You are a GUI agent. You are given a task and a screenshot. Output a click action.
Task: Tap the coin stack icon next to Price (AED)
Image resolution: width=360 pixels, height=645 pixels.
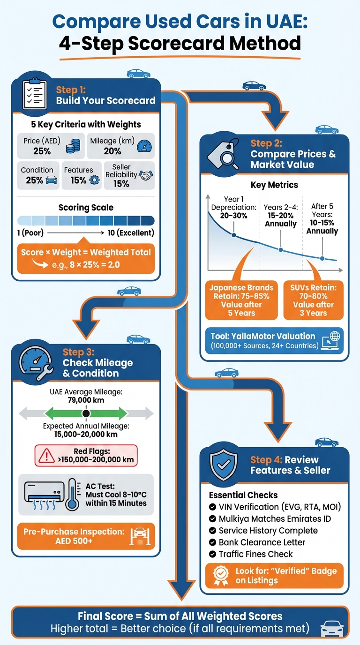coord(73,147)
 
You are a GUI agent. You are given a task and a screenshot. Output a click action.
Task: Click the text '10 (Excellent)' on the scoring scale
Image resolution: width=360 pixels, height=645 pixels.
coord(129,232)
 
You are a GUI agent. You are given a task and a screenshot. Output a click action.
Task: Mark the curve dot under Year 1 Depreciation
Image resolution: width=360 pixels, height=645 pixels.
coord(233,234)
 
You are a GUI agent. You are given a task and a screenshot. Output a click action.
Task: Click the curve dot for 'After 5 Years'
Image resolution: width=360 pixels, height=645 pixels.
coord(322,258)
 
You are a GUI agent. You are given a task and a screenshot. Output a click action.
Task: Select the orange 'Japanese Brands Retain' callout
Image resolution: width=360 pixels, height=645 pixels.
coord(241,300)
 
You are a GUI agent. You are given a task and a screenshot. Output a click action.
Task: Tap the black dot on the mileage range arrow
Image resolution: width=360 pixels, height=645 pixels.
coord(86,413)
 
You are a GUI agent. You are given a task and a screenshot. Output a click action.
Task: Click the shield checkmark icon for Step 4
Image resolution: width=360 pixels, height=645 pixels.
coord(223,464)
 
